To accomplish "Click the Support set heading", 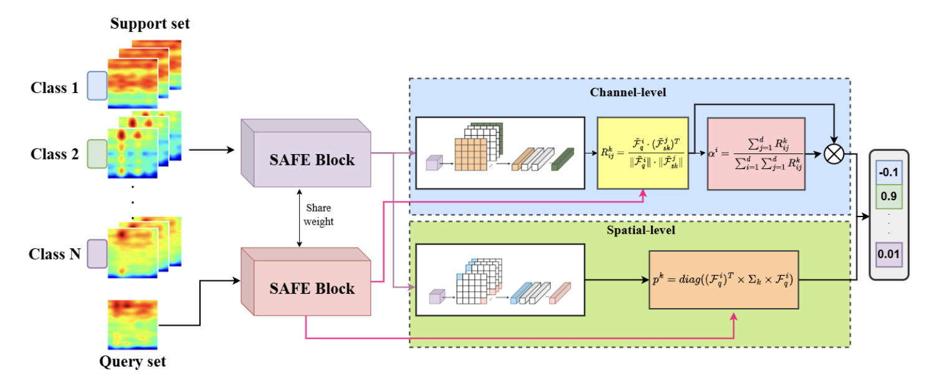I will coord(150,24).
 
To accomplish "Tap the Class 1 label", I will coord(55,88).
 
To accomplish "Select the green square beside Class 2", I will coord(97,154).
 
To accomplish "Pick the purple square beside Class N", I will coord(97,254).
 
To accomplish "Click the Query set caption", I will coord(133,362).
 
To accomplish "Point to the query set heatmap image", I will coord(133,324).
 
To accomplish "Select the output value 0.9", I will coord(889,196).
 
